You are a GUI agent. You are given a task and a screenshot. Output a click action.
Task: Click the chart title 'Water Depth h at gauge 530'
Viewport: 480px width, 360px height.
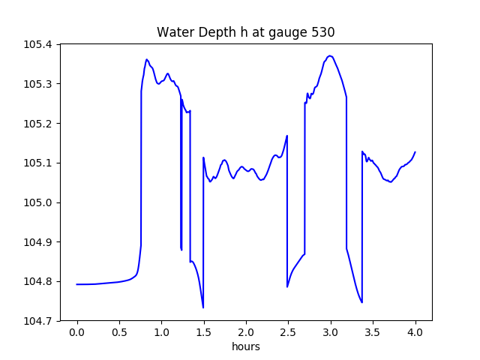click(x=245, y=32)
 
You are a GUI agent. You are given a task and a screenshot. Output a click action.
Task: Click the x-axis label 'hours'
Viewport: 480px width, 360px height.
click(x=246, y=347)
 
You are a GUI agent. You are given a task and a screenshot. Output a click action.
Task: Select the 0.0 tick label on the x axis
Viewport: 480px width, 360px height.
click(x=77, y=333)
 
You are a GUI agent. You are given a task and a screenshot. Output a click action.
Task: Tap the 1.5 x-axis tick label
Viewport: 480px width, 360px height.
click(x=204, y=333)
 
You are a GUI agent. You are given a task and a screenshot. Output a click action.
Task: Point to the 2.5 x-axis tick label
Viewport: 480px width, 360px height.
click(x=289, y=333)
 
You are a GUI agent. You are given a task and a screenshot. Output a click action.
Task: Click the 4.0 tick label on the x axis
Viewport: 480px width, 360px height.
click(x=415, y=333)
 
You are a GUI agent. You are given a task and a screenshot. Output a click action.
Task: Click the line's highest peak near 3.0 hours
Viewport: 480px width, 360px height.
click(x=330, y=55)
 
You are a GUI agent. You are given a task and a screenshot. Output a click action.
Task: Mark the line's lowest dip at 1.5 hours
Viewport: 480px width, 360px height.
click(x=203, y=307)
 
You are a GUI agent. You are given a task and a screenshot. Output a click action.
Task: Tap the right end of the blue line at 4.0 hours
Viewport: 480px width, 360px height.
click(x=415, y=152)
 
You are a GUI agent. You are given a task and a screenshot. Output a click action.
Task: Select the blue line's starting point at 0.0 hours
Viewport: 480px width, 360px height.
click(x=77, y=284)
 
